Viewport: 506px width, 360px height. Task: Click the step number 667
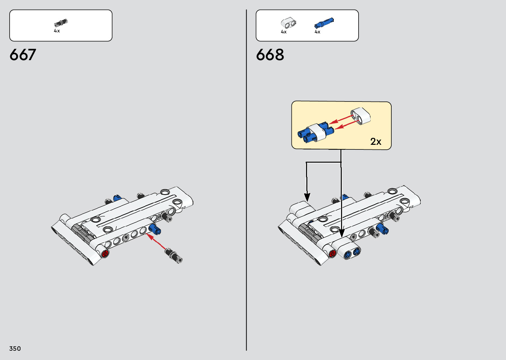(x=23, y=55)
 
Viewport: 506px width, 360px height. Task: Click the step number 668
(x=270, y=55)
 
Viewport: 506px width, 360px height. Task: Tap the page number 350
(x=15, y=348)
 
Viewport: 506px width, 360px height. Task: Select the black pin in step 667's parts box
(x=60, y=23)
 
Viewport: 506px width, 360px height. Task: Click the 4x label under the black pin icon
(x=57, y=31)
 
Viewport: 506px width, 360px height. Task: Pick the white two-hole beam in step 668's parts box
(x=289, y=23)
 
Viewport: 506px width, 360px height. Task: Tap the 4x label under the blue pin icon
(x=317, y=32)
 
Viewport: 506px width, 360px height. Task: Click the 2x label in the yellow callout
(x=376, y=141)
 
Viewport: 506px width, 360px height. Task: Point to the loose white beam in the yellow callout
(x=361, y=116)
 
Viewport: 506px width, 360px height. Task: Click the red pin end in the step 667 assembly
(x=105, y=254)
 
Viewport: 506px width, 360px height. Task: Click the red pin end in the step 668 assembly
(x=332, y=254)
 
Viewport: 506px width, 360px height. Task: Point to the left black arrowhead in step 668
(x=307, y=197)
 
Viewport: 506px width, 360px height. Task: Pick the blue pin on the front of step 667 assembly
(x=154, y=228)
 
